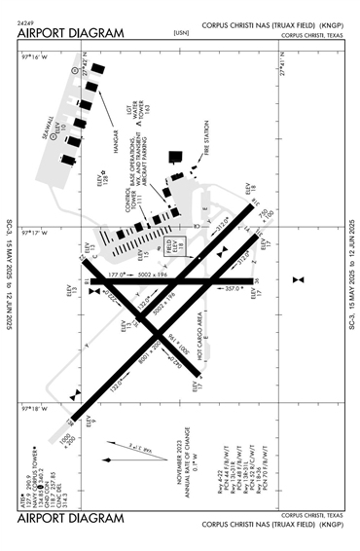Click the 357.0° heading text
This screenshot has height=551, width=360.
[x=231, y=288]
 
